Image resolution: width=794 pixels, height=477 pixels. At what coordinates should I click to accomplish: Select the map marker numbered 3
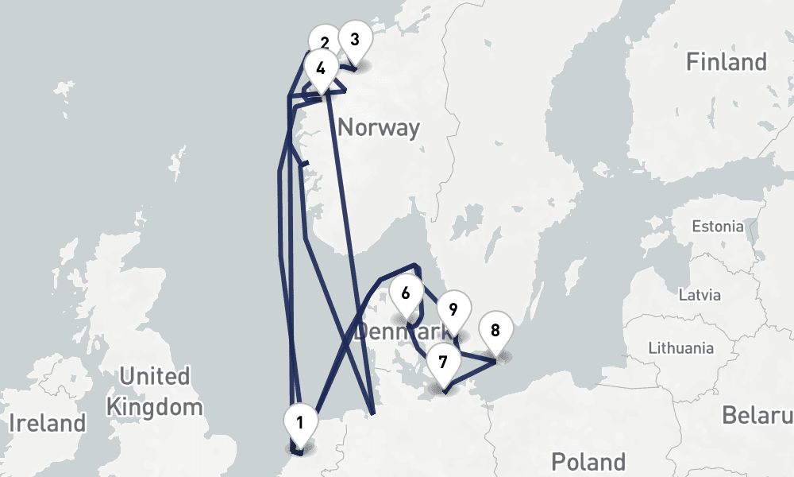click(354, 39)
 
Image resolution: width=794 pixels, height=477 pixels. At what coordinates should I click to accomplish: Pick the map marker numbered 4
click(320, 68)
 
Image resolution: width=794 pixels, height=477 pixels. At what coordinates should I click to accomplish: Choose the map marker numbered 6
click(406, 293)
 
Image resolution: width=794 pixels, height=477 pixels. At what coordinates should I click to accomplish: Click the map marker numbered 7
click(443, 363)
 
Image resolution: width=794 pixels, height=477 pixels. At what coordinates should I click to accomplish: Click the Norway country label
click(378, 127)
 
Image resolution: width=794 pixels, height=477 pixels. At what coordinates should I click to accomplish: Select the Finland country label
click(727, 62)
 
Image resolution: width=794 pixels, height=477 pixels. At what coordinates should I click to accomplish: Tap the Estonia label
click(717, 227)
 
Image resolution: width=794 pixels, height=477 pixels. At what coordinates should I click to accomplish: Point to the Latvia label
click(700, 295)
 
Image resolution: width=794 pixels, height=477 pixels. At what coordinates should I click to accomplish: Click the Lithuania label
click(680, 347)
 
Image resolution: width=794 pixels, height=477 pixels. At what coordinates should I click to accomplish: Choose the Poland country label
click(588, 461)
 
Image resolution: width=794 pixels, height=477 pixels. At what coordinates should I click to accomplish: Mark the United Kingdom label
click(154, 391)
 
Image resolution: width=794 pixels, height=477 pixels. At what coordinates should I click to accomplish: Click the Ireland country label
click(47, 423)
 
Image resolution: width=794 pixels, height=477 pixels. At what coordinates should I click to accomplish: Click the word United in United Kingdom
click(154, 375)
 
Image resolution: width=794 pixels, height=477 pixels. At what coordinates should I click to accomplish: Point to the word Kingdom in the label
click(154, 408)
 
